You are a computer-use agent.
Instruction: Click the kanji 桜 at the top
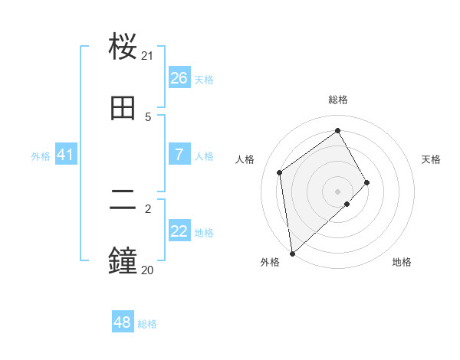click(x=123, y=47)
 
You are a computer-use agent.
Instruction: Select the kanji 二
click(x=123, y=200)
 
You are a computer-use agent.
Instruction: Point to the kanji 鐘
click(x=123, y=261)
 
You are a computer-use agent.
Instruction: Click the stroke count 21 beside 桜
click(x=147, y=56)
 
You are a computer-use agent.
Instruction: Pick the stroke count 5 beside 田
click(x=148, y=116)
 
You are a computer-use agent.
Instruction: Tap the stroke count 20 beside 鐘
click(x=147, y=270)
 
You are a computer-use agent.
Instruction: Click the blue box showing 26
click(x=179, y=78)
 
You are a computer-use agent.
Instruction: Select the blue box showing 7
click(x=179, y=155)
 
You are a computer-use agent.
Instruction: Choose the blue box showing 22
click(x=179, y=231)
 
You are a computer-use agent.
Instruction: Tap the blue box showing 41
click(x=65, y=155)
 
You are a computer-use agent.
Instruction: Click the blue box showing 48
click(x=123, y=322)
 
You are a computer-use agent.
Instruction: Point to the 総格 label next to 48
click(x=147, y=324)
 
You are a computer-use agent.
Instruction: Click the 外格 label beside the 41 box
click(x=41, y=156)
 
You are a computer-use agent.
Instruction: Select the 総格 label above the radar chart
click(x=338, y=100)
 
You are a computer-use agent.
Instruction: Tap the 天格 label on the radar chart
click(x=431, y=159)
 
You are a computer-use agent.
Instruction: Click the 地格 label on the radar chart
click(x=402, y=262)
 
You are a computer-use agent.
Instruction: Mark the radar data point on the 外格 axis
click(x=292, y=253)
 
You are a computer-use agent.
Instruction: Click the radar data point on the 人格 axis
click(x=280, y=172)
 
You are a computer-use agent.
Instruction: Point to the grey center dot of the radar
click(x=337, y=191)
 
